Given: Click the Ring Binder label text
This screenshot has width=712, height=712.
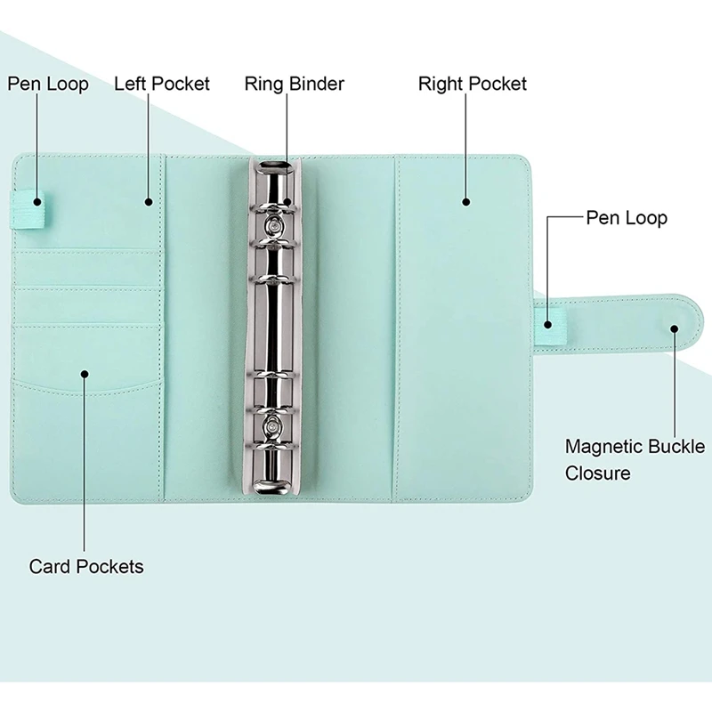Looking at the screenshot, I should point(294,85).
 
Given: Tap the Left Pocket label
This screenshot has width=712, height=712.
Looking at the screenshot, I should point(162,84).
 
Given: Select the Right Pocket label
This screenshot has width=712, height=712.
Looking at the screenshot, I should point(472,84).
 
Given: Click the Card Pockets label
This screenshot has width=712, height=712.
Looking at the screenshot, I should point(86,566).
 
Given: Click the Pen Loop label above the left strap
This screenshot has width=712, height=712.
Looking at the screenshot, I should point(48,84).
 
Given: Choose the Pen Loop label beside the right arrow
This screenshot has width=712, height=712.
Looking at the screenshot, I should point(627,217).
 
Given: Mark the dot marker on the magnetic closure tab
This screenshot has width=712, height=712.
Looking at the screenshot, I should point(674,328).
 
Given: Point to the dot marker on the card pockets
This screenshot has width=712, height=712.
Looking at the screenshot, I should point(85,374).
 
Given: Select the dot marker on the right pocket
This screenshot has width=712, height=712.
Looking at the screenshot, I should point(465,203).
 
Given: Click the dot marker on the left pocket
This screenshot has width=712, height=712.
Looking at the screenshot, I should point(149,202).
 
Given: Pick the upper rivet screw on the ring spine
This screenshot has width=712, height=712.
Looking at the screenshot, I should point(275,224).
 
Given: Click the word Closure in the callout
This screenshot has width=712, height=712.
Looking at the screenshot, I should point(597,473).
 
